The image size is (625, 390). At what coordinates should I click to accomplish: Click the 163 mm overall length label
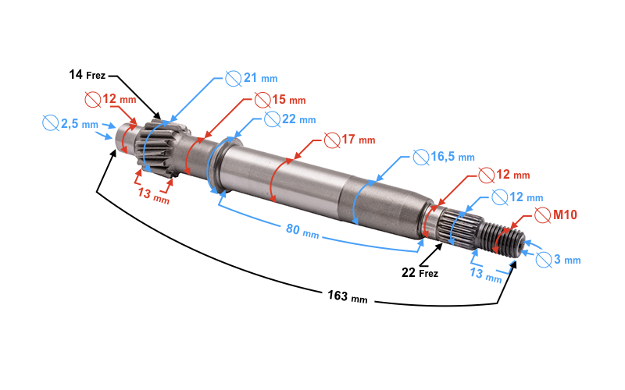tap(348, 296)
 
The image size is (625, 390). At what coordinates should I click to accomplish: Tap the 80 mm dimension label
tap(302, 231)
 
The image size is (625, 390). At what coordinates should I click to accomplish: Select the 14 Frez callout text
tap(87, 74)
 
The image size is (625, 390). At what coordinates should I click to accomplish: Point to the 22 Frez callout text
tap(420, 272)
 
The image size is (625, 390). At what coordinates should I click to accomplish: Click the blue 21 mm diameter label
tap(261, 77)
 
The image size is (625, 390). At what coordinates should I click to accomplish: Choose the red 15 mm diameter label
tap(289, 99)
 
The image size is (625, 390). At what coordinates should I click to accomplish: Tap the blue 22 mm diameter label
tap(299, 119)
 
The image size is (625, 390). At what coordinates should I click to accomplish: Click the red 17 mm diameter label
tap(359, 140)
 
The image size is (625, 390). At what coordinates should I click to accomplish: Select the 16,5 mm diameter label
tap(453, 157)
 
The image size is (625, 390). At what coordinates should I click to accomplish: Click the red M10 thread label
tap(565, 215)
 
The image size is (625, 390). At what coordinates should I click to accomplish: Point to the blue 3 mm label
tap(567, 260)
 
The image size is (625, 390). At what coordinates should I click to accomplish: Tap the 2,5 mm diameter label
tap(80, 124)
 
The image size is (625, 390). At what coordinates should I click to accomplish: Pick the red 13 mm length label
tap(154, 195)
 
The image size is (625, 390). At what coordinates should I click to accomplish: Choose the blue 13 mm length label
tap(485, 275)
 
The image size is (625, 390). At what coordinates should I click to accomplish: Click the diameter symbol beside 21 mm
tap(233, 79)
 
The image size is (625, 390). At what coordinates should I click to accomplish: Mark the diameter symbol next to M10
tap(542, 215)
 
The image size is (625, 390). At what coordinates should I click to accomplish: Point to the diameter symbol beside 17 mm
tap(332, 140)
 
